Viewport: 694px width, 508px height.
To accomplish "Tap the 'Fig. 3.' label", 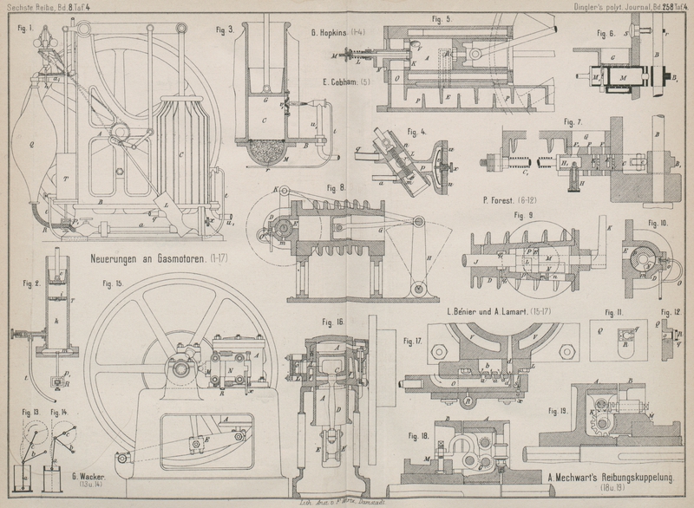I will [x=226, y=29].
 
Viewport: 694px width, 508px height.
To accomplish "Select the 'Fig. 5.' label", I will [x=441, y=18].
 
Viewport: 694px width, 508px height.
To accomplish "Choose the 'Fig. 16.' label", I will [x=333, y=322].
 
